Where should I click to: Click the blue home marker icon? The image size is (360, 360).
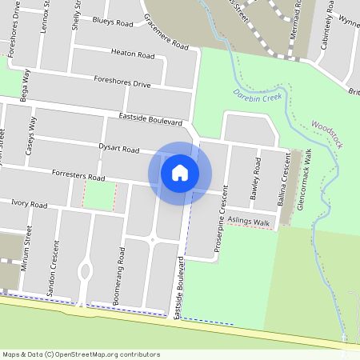click(x=180, y=172)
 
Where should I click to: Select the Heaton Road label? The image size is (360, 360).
click(x=133, y=55)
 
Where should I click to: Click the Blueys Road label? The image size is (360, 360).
click(x=113, y=24)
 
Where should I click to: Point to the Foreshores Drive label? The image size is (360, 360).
click(x=122, y=82)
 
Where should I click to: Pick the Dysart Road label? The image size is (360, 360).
click(x=118, y=149)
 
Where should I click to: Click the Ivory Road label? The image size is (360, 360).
click(x=29, y=205)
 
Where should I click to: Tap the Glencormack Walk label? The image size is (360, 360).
click(x=303, y=178)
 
